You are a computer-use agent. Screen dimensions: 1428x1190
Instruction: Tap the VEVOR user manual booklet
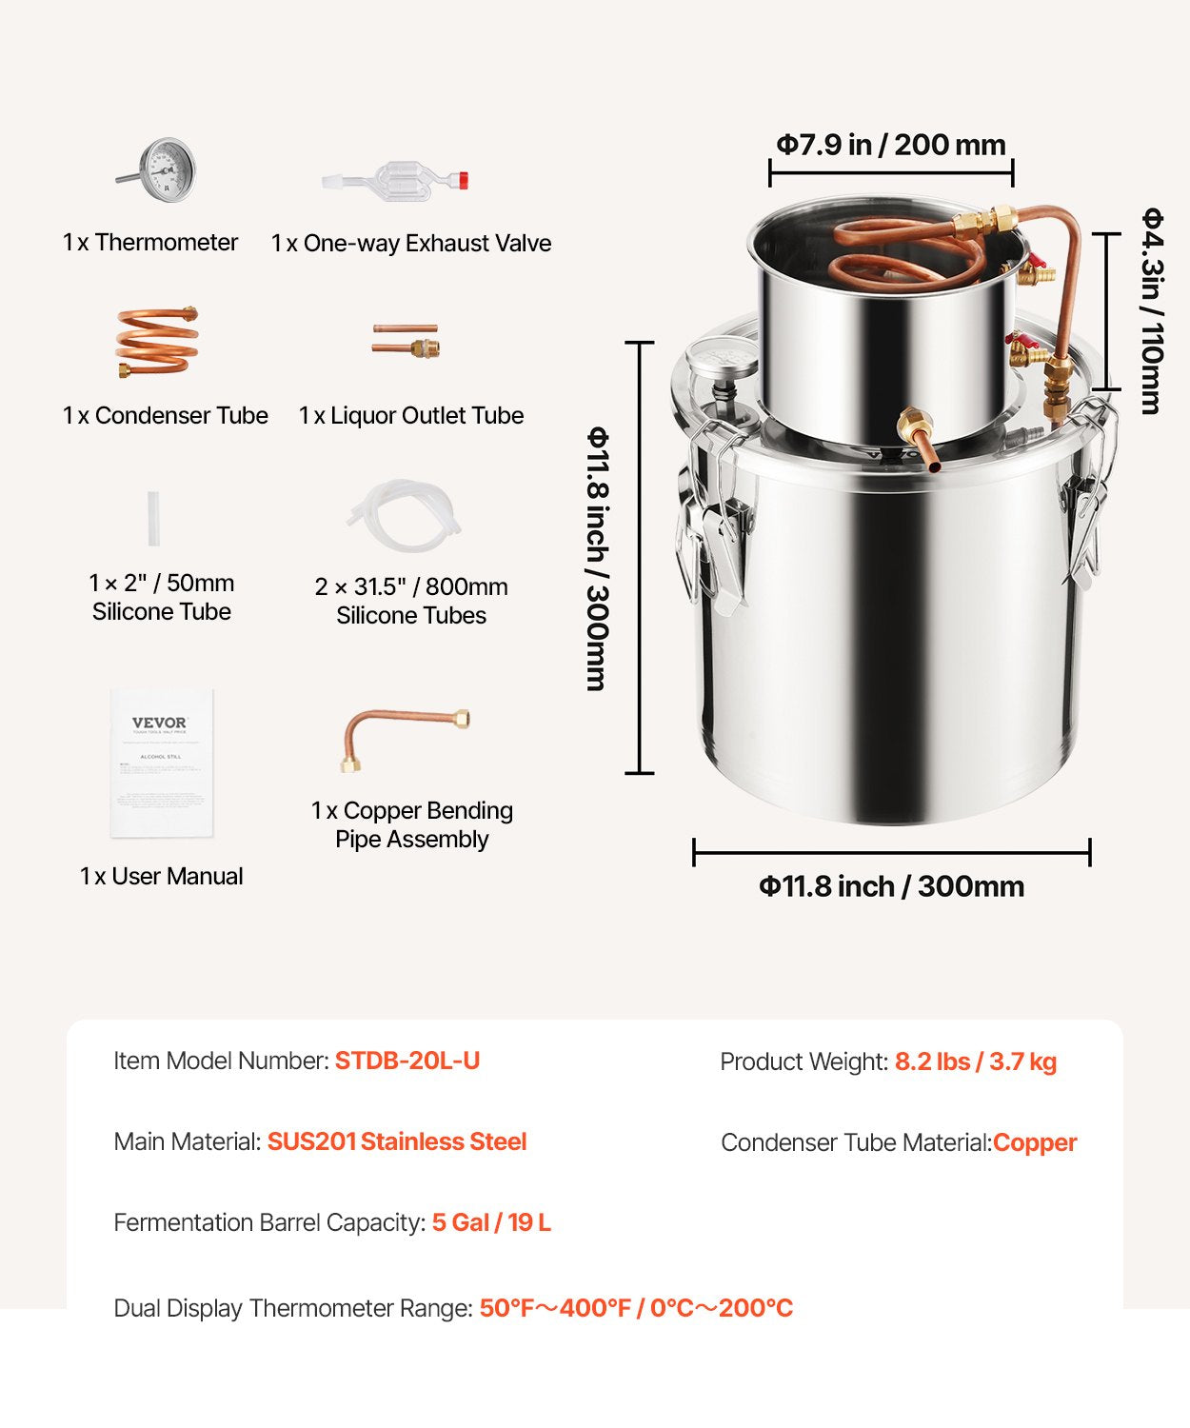tap(161, 763)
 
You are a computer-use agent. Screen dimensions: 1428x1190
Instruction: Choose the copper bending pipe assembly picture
tap(405, 736)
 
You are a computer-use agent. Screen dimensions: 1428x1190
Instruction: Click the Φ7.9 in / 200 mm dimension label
tap(891, 145)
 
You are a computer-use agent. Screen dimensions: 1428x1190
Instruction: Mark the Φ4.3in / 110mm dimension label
tap(1152, 310)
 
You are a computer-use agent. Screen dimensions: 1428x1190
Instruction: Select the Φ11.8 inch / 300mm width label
tap(891, 886)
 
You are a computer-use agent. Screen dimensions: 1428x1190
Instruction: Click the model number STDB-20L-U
tap(407, 1061)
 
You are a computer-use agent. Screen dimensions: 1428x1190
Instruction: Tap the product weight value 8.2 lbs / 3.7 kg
tap(975, 1061)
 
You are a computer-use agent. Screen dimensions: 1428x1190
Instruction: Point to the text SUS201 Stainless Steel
tap(397, 1141)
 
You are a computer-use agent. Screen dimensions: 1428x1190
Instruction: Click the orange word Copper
tap(1035, 1142)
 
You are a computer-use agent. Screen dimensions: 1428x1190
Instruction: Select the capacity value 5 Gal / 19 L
tap(491, 1222)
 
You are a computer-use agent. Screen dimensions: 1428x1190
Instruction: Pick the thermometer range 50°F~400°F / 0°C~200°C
tap(636, 1308)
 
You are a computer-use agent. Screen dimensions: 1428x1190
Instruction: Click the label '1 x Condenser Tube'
tap(166, 416)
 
